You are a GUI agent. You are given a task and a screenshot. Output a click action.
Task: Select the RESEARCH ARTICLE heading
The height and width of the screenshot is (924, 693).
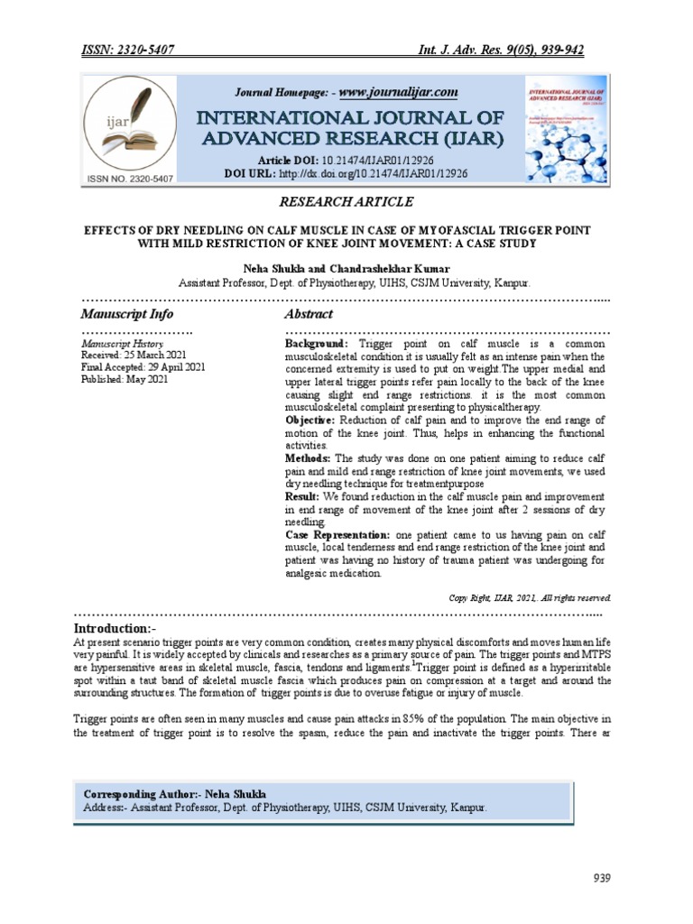pos(346,202)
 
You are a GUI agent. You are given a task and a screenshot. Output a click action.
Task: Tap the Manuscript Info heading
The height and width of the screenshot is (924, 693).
pos(127,314)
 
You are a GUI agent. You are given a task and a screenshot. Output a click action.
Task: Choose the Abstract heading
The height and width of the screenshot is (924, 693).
pos(309,314)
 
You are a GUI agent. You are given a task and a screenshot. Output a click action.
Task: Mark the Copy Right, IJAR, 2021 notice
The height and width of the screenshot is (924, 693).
pos(530,597)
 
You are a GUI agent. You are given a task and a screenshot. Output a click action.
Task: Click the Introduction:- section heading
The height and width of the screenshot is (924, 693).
pos(124,628)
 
